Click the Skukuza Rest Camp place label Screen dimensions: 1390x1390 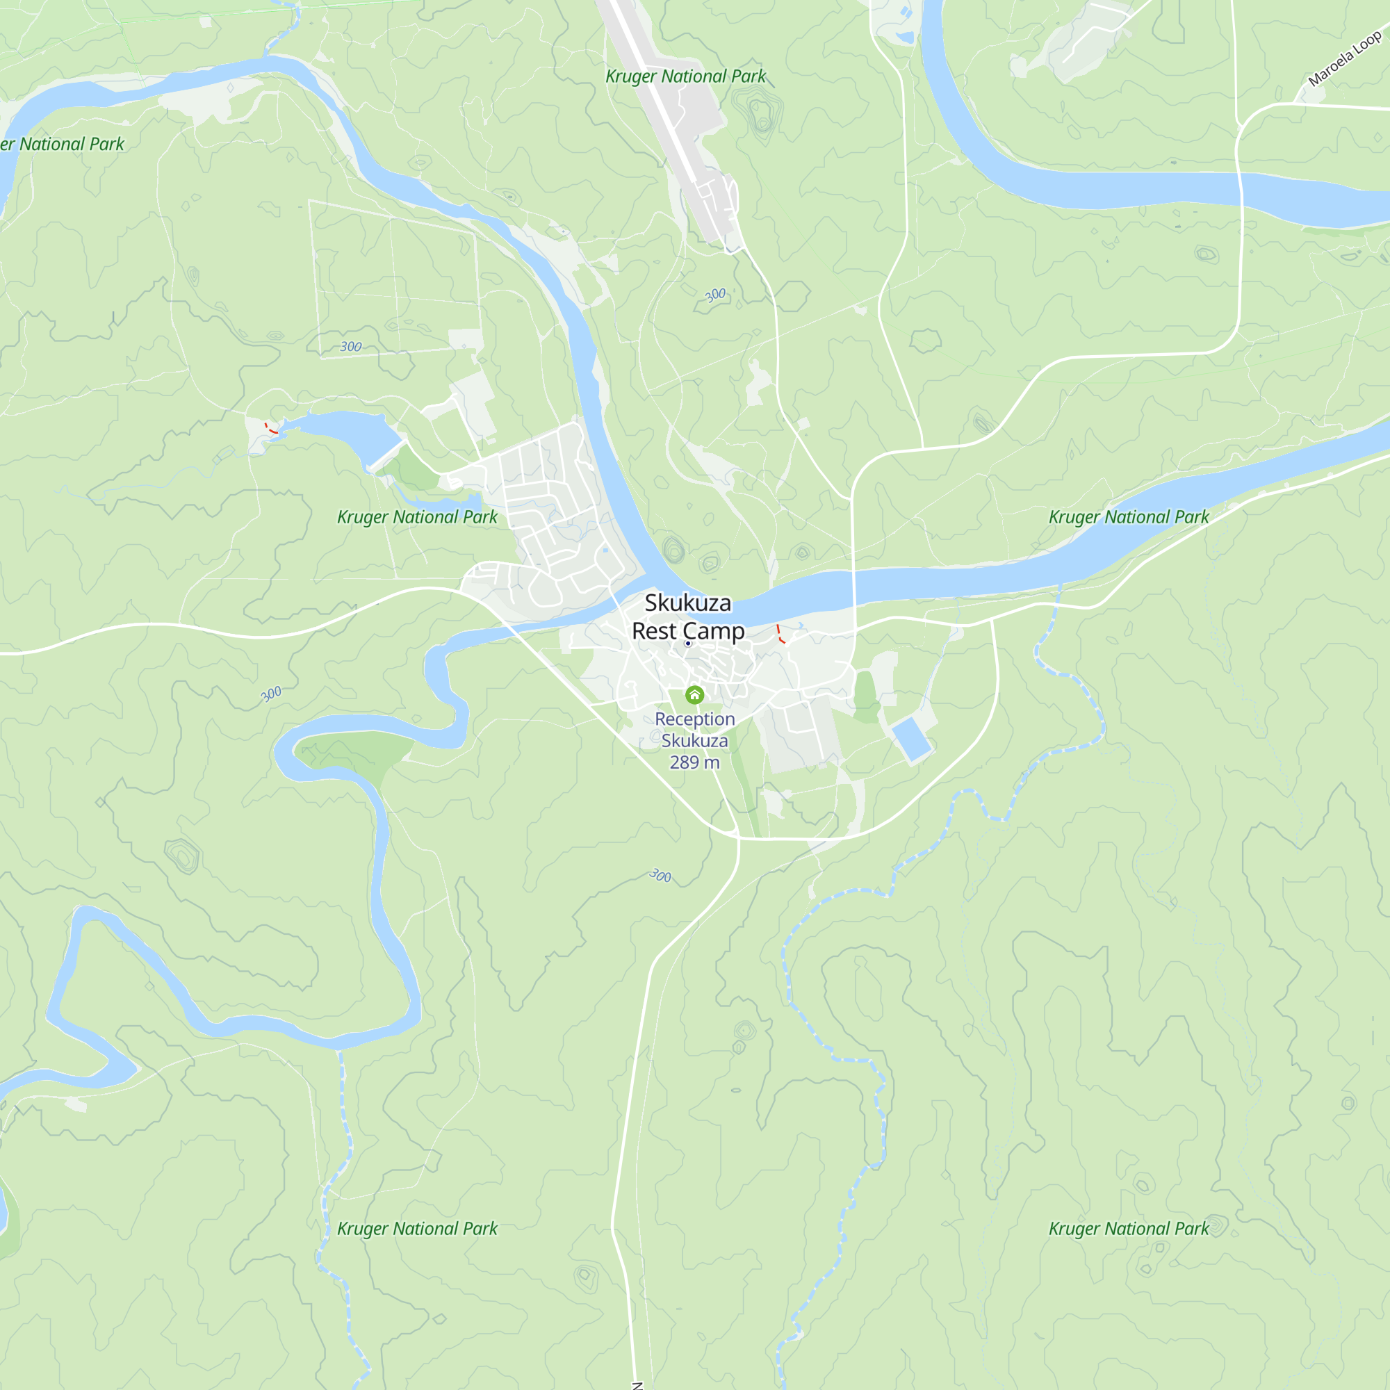pyautogui.click(x=688, y=616)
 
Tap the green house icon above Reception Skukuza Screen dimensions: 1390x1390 pyautogui.click(x=694, y=694)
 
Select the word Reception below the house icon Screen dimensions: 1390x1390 pyautogui.click(x=694, y=719)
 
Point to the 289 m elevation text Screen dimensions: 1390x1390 pyautogui.click(x=694, y=762)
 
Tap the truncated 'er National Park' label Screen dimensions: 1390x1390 pyautogui.click(x=63, y=144)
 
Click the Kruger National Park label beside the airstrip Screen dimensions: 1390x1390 pyautogui.click(x=685, y=76)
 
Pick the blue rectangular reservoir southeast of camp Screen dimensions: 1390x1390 pyautogui.click(x=912, y=738)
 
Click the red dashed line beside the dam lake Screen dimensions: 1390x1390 pyautogui.click(x=270, y=430)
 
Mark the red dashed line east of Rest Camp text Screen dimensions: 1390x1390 pyautogui.click(x=779, y=634)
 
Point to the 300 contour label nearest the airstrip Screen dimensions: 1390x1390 pyautogui.click(x=715, y=295)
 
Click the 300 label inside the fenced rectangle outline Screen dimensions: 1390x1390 pyautogui.click(x=350, y=347)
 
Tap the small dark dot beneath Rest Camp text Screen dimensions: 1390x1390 pyautogui.click(x=688, y=643)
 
